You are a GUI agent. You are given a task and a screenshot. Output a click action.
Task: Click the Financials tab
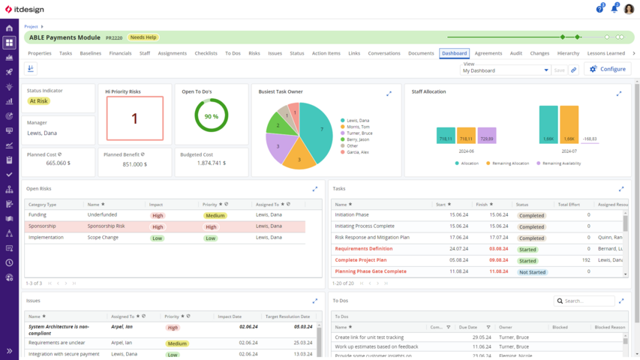click(x=120, y=53)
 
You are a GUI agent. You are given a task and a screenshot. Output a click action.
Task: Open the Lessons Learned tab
click(x=606, y=53)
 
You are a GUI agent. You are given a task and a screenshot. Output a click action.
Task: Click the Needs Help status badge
click(x=143, y=37)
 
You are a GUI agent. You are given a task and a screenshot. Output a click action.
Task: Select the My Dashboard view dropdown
click(x=506, y=70)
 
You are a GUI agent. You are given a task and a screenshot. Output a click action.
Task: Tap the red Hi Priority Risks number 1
click(x=134, y=118)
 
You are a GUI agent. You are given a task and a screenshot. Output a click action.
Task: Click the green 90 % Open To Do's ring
click(x=211, y=116)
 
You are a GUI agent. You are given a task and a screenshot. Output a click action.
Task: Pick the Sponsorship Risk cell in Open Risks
click(x=107, y=226)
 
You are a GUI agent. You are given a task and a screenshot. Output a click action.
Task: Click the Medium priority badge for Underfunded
click(x=215, y=215)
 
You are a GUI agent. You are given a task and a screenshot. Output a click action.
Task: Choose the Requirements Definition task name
click(x=364, y=248)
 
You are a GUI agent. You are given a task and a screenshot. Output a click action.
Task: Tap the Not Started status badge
click(x=531, y=272)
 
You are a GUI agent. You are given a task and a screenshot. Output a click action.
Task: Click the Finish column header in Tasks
click(x=482, y=204)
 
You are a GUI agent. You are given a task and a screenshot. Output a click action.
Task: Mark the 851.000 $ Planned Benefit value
click(x=134, y=164)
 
